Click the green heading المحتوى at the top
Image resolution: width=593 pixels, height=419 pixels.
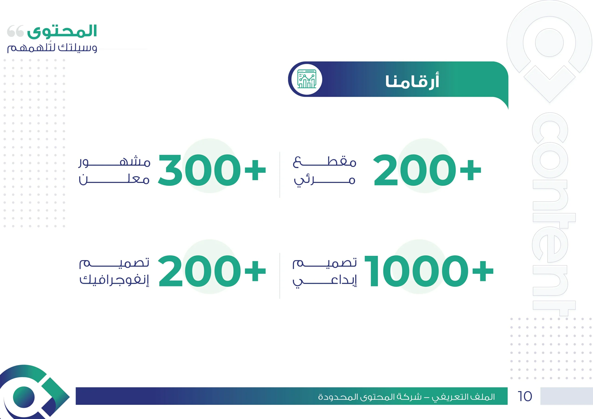(x=62, y=31)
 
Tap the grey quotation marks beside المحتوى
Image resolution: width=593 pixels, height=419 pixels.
(x=16, y=31)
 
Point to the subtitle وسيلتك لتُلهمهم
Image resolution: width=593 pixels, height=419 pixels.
(x=52, y=47)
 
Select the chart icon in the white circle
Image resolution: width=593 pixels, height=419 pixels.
(x=307, y=79)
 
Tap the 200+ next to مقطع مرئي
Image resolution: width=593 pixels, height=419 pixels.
(x=427, y=170)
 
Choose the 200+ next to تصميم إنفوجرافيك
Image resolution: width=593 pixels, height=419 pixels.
(x=212, y=271)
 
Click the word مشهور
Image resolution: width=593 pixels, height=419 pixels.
(x=114, y=162)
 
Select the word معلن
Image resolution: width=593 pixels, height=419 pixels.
(x=114, y=179)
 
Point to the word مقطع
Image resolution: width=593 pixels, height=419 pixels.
(x=325, y=162)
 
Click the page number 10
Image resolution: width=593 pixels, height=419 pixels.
(x=525, y=396)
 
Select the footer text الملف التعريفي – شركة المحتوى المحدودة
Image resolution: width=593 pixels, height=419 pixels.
(x=406, y=397)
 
